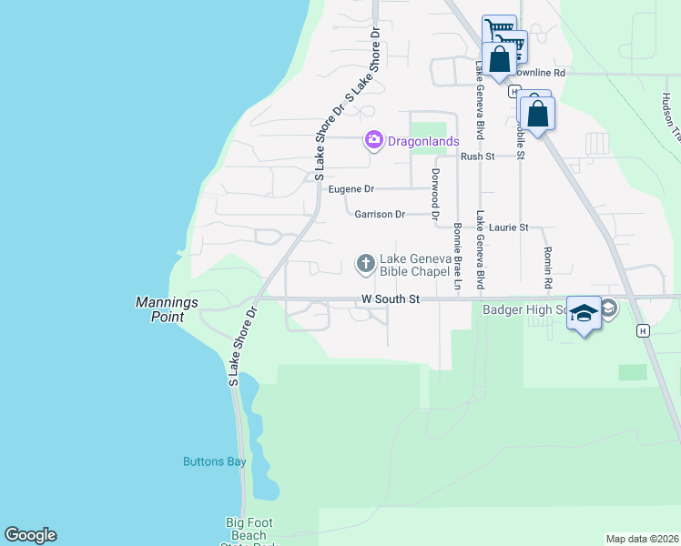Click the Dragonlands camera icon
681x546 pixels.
pyautogui.click(x=373, y=140)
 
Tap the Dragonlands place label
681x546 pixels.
pyautogui.click(x=422, y=141)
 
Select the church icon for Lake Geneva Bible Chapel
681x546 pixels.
pyautogui.click(x=365, y=264)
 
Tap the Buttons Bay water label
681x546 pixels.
pyautogui.click(x=215, y=461)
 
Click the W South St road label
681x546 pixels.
pyautogui.click(x=389, y=298)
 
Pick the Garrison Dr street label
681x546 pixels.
pyautogui.click(x=380, y=214)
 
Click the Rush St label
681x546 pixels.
pyautogui.click(x=477, y=157)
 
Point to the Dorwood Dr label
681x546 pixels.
pyautogui.click(x=435, y=191)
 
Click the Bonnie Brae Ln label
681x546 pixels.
pyautogui.click(x=458, y=257)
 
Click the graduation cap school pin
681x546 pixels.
pyautogui.click(x=584, y=313)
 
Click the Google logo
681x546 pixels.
pyautogui.click(x=30, y=535)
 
